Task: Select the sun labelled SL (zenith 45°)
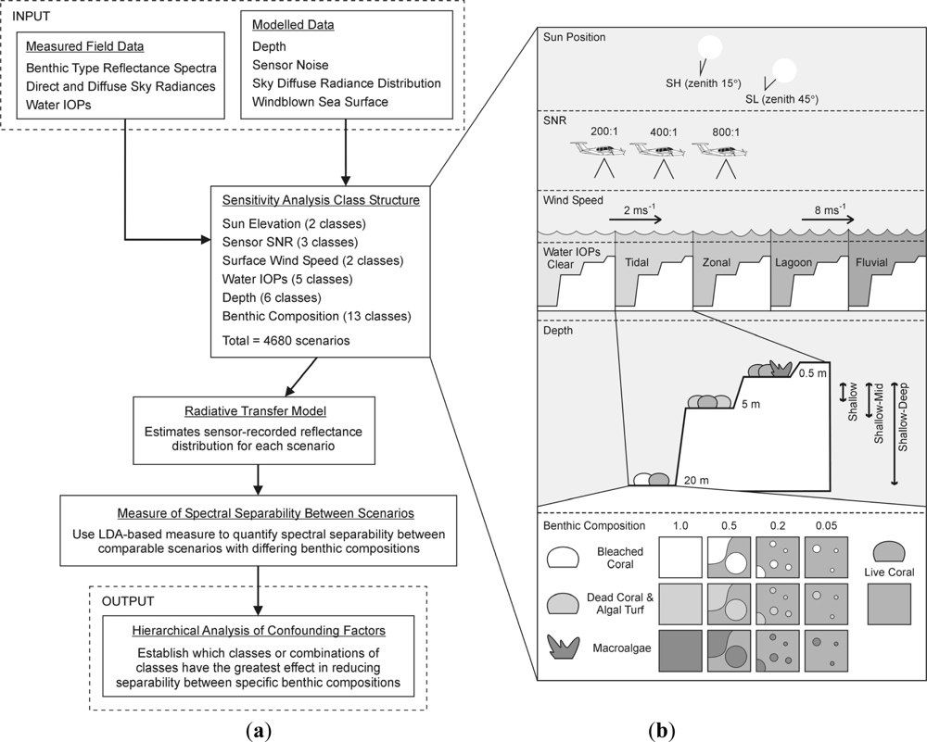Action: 784,70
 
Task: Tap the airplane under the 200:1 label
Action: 600,150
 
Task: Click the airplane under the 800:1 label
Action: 724,150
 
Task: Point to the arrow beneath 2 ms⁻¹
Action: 635,220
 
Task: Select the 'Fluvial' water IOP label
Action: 870,262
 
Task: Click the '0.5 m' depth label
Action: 811,375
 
